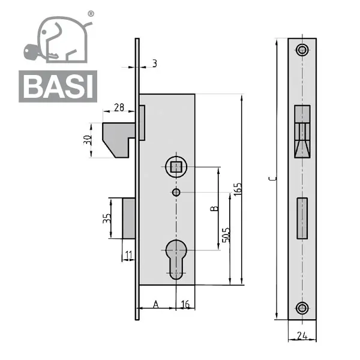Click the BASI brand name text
[x=58, y=86]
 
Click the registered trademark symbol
[x=91, y=14]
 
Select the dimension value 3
[x=155, y=64]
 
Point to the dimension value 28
[x=119, y=107]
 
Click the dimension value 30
[x=88, y=140]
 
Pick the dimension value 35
[x=107, y=218]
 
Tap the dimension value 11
[x=129, y=255]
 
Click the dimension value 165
[x=238, y=189]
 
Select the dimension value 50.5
[x=226, y=235]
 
